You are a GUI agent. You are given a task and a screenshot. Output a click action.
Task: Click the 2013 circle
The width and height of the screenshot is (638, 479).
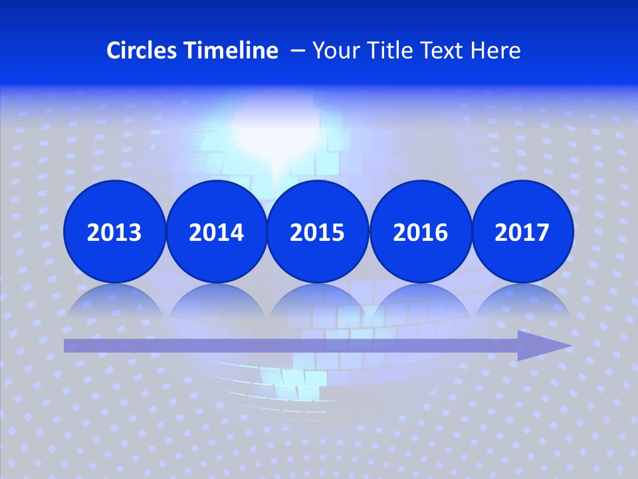[114, 232]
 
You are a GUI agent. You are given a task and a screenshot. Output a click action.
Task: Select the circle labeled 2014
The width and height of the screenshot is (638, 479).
[216, 232]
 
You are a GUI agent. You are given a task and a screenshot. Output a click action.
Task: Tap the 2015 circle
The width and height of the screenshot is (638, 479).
[318, 232]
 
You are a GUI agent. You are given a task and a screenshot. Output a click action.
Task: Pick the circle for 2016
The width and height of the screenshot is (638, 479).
[420, 232]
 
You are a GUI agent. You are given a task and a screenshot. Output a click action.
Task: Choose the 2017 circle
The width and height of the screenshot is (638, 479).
[522, 232]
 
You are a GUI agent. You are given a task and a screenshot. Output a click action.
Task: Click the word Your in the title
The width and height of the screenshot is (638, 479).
[334, 51]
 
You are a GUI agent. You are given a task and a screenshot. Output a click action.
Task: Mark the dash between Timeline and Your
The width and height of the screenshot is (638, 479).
[298, 51]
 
